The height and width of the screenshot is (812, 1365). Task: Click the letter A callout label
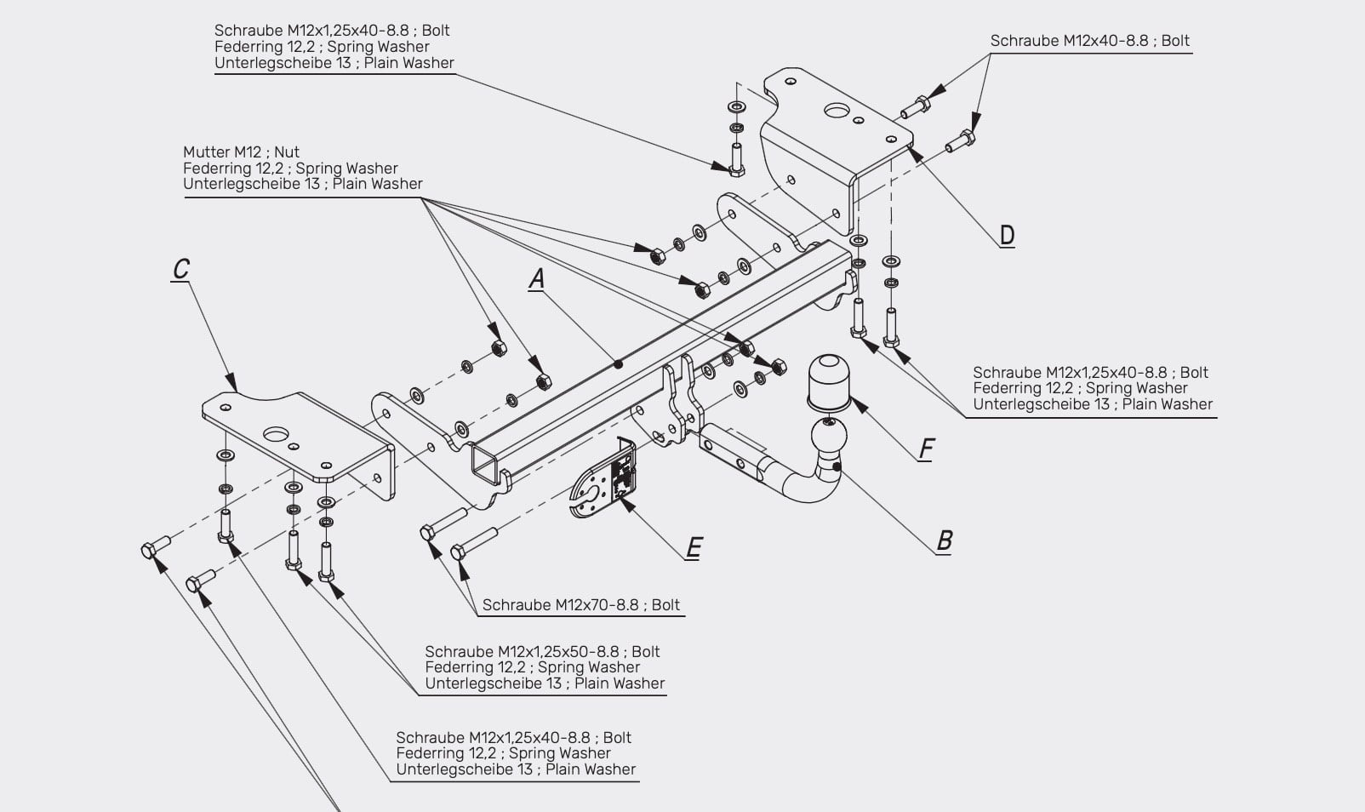[x=536, y=279]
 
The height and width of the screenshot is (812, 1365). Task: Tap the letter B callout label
[x=944, y=540]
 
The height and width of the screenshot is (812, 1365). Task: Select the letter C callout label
[x=181, y=269]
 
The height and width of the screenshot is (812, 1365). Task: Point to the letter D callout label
[x=1008, y=235]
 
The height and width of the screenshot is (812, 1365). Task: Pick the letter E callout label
[x=694, y=547]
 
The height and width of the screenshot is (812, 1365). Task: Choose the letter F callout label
[x=926, y=449]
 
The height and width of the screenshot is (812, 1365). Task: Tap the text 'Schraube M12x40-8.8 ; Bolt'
[x=1089, y=41]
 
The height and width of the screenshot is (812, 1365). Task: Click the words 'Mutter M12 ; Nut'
[x=242, y=152]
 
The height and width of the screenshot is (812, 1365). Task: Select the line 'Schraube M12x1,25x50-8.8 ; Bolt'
[x=542, y=652]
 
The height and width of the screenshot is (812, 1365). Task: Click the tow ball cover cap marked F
[x=829, y=382]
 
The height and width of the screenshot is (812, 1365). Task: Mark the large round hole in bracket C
[x=276, y=434]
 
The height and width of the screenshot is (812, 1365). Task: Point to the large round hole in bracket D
[x=837, y=111]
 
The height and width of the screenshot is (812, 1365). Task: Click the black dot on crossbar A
[x=618, y=364]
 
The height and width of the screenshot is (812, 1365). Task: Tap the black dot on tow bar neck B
[x=837, y=467]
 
